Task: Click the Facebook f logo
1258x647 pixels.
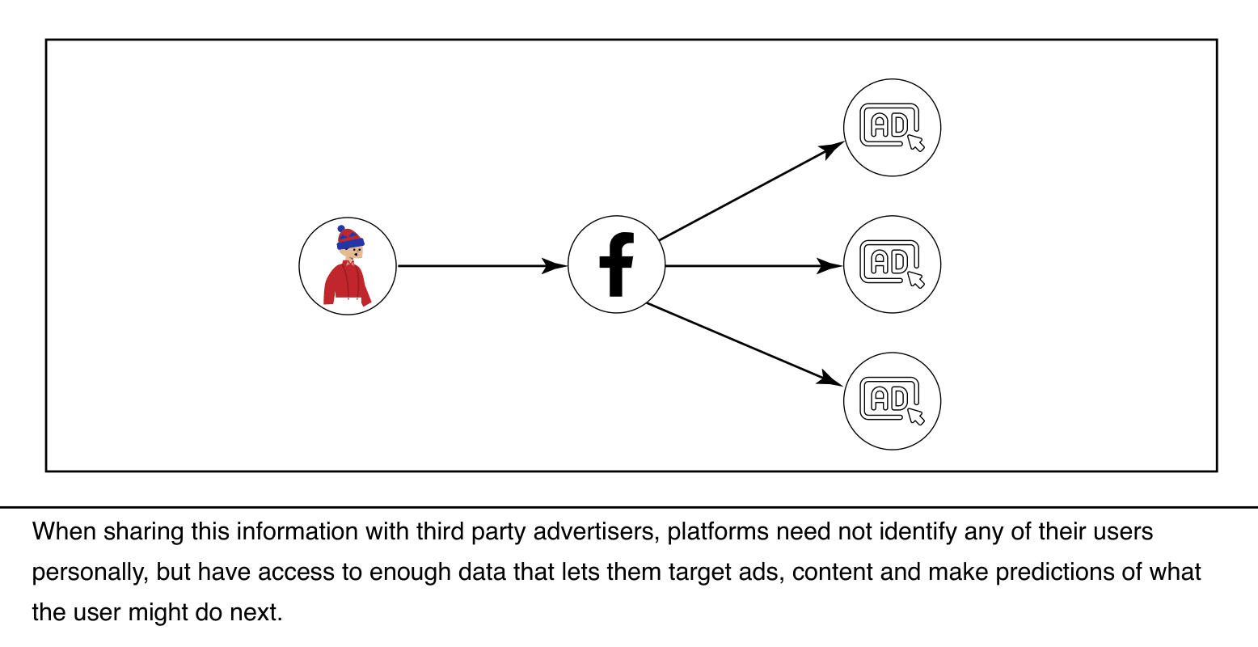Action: (616, 264)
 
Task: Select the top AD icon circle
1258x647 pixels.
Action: (892, 128)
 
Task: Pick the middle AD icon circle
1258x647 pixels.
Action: (892, 264)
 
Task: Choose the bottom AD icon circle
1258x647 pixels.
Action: (892, 401)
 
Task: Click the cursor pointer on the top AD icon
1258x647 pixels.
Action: (915, 143)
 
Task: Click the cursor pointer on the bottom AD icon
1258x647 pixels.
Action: (915, 417)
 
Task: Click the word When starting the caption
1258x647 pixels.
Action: (65, 532)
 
